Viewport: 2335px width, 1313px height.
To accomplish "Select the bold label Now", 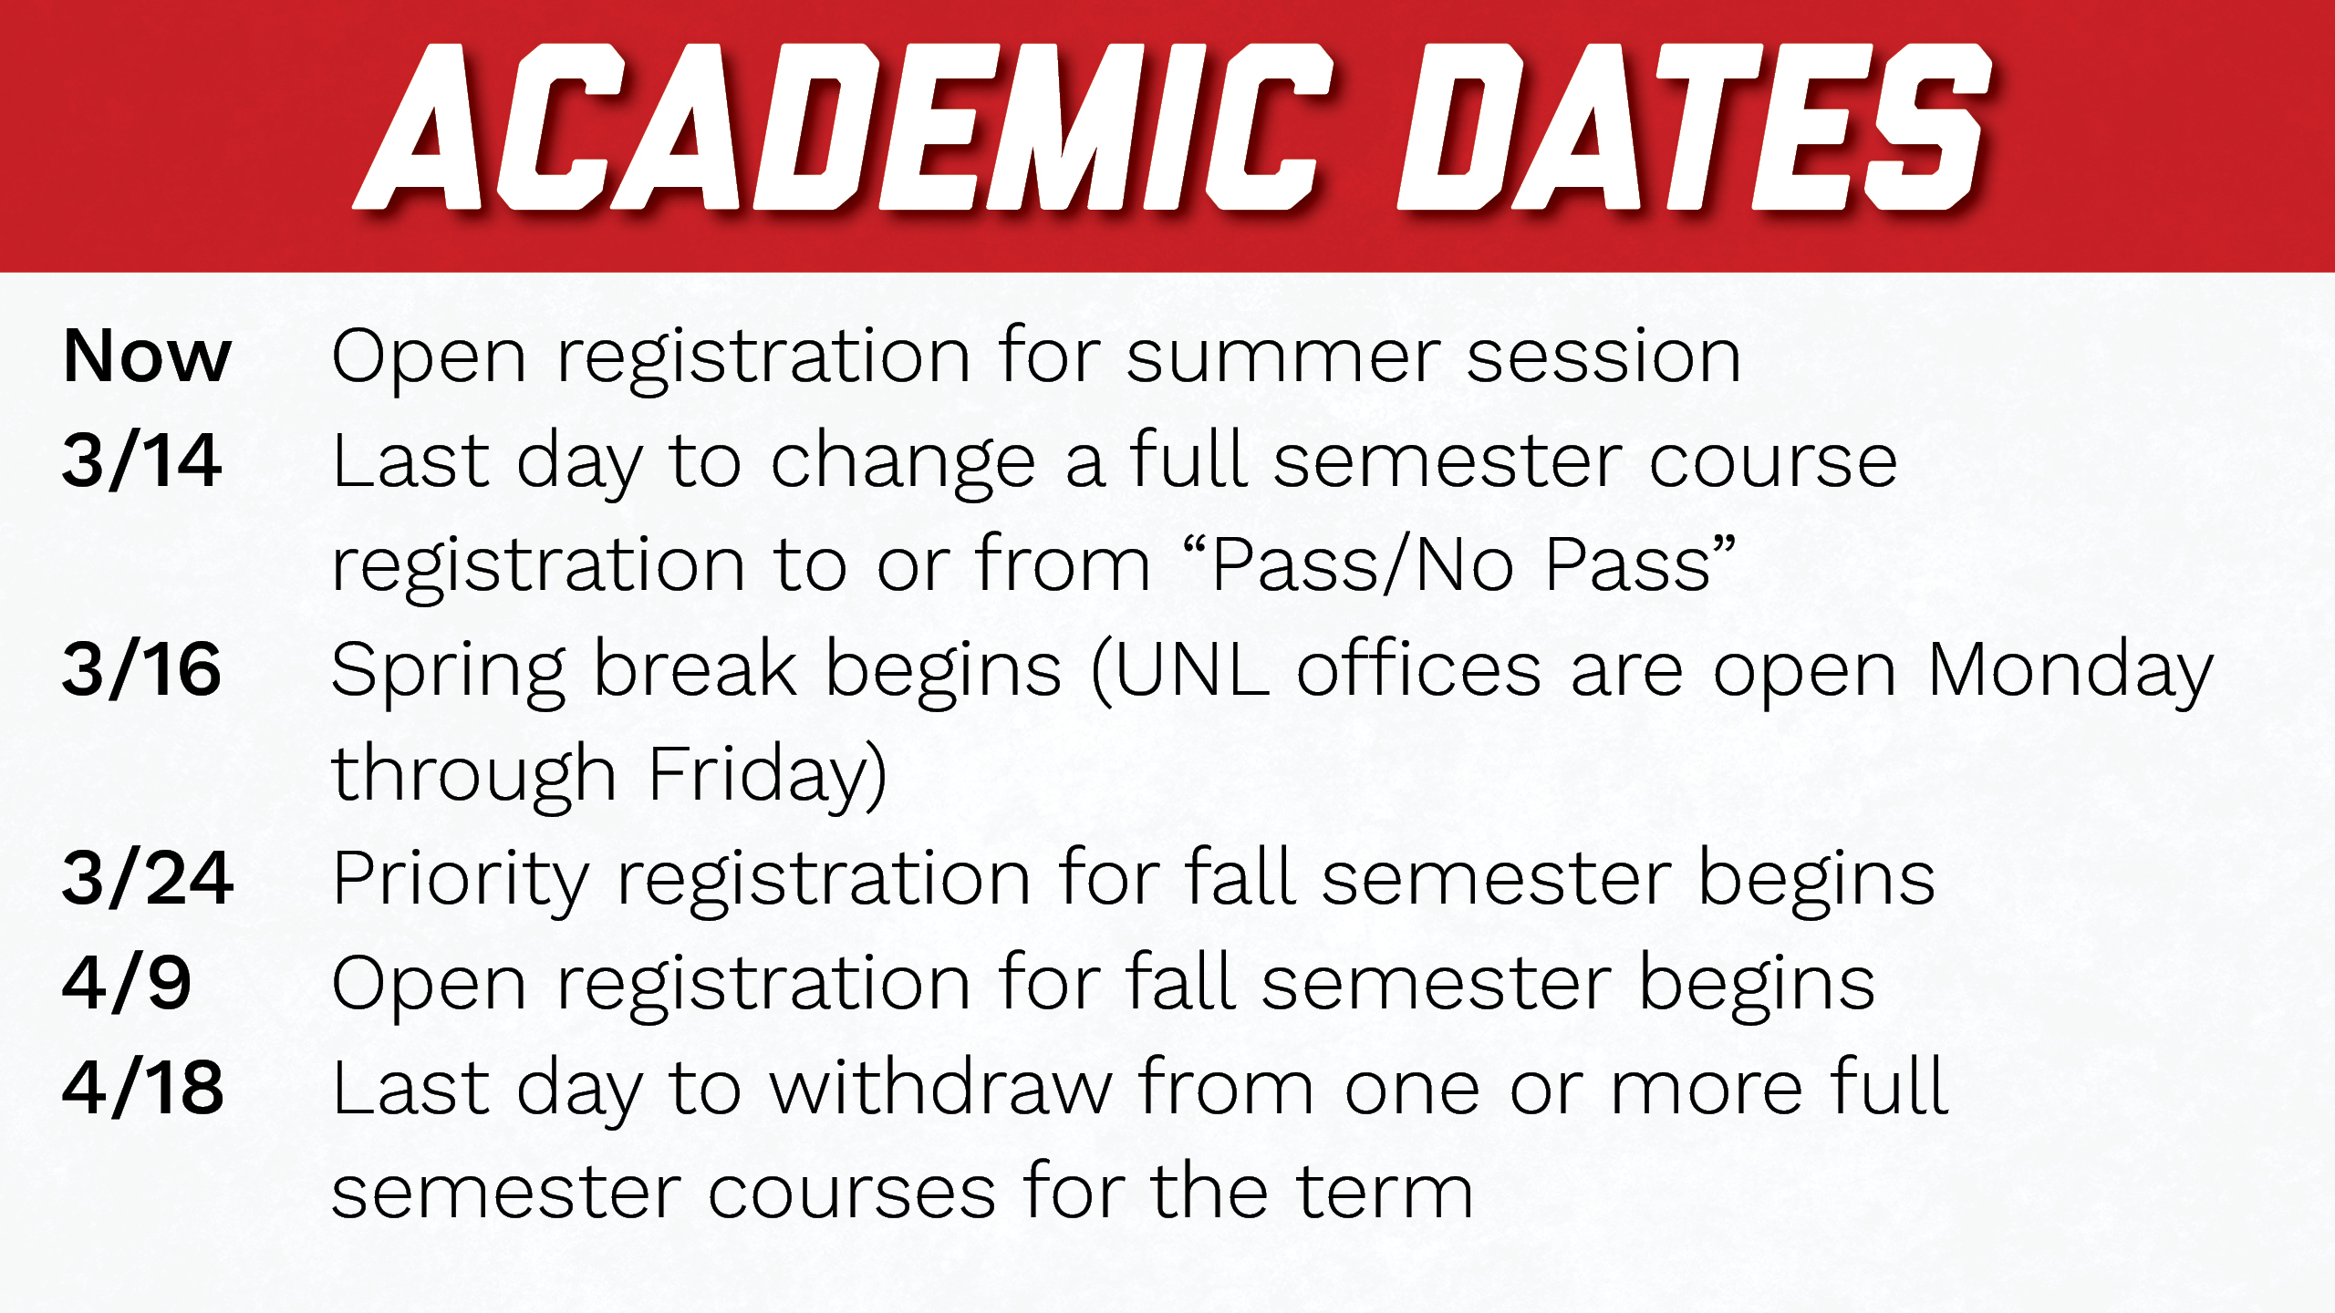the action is tap(147, 356).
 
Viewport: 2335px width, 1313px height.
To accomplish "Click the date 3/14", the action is tap(141, 460).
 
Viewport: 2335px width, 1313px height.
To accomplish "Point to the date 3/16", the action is tap(141, 669).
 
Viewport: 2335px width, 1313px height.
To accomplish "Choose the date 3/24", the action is tap(148, 878).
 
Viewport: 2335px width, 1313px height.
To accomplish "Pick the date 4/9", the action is tap(127, 983).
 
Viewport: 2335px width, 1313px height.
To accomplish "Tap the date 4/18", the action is tap(143, 1088).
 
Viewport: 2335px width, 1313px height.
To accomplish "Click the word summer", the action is tap(1283, 357).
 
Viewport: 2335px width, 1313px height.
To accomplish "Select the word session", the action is tap(1604, 356).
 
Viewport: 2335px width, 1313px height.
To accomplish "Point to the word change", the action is tap(903, 465).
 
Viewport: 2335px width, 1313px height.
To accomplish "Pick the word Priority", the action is tap(462, 884).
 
